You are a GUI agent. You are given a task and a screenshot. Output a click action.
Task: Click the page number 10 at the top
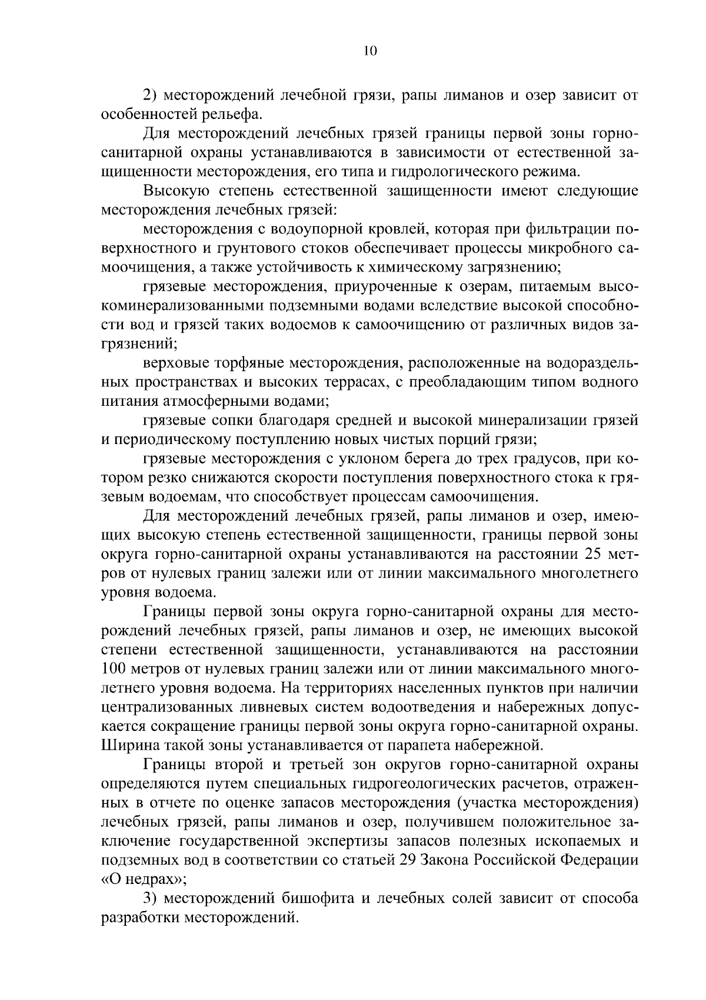(370, 51)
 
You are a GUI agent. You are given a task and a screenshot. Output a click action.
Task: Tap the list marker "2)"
(151, 95)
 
